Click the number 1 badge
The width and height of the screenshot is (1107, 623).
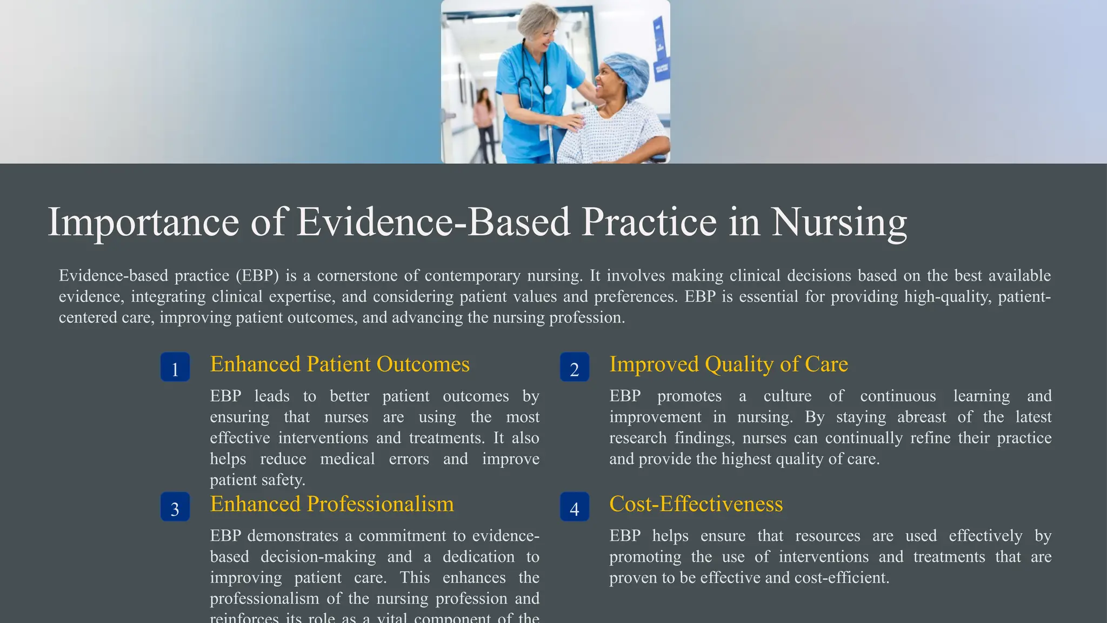(175, 367)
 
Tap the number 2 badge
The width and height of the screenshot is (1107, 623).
(575, 367)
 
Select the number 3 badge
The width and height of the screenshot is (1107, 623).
(175, 507)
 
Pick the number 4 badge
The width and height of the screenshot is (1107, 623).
(575, 507)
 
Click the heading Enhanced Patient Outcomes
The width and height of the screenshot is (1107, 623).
(339, 364)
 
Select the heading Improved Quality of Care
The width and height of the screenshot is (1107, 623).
(728, 364)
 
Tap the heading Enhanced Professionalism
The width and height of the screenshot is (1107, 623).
(331, 504)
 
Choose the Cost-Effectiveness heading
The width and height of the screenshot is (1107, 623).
(696, 504)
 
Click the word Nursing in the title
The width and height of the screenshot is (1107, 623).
(838, 222)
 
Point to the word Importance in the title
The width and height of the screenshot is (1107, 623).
(143, 222)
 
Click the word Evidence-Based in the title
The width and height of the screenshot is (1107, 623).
(433, 222)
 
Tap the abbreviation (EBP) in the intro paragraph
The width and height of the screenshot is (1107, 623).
(257, 276)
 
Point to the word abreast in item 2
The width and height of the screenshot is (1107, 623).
(922, 417)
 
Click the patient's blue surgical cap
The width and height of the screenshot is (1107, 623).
(627, 70)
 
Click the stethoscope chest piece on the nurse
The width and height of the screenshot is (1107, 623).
(548, 90)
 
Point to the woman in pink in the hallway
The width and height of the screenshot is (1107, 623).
(484, 122)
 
